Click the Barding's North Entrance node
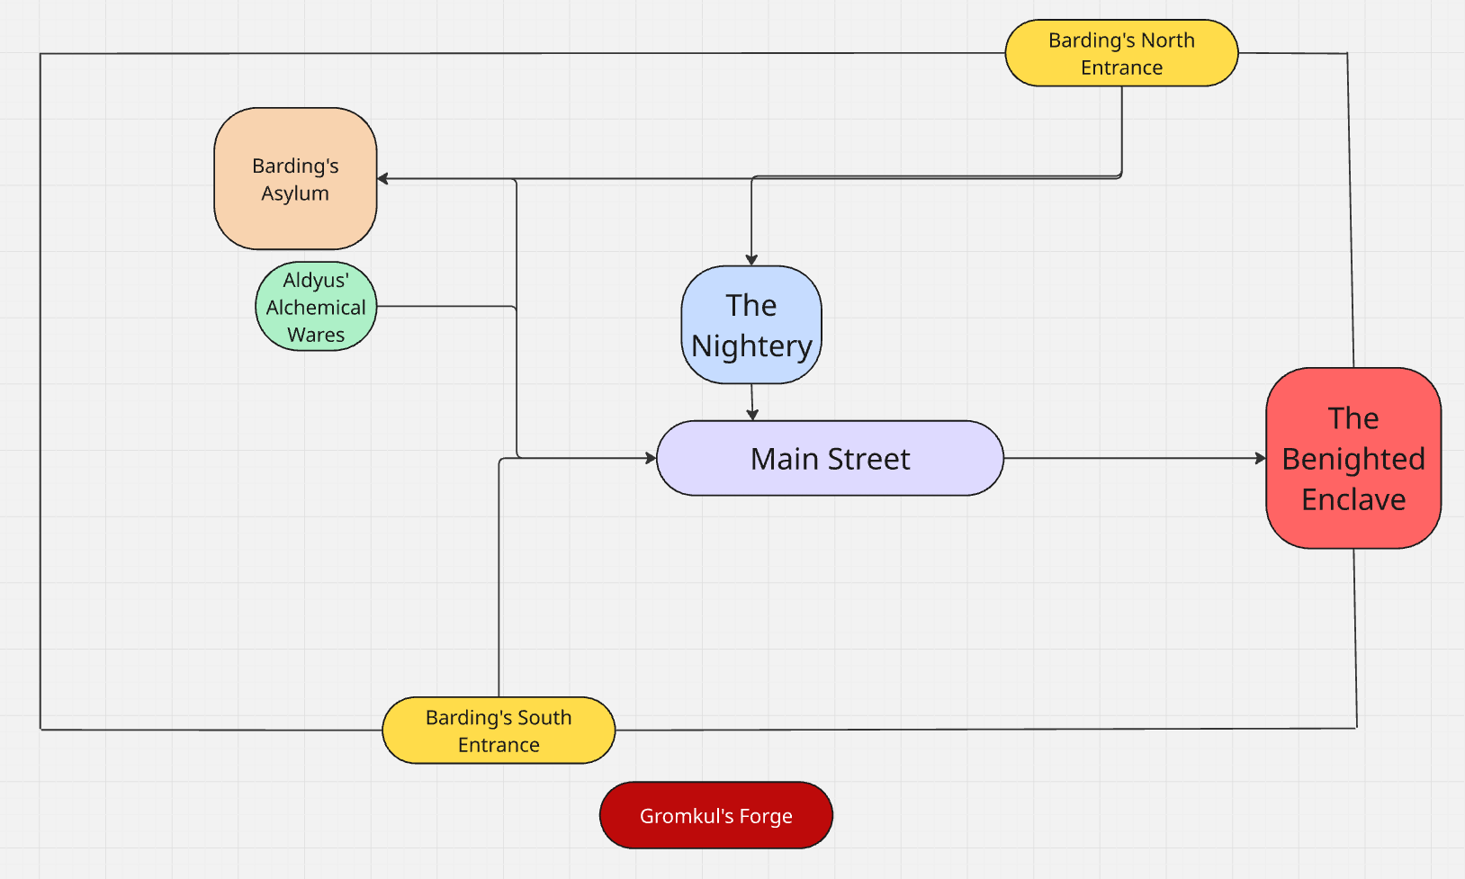click(x=1121, y=53)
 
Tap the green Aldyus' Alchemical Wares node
click(x=316, y=307)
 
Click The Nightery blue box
click(x=751, y=325)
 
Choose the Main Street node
click(x=830, y=459)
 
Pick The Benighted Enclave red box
click(x=1353, y=459)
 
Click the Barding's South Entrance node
click(x=499, y=731)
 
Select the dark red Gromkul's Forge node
click(x=716, y=815)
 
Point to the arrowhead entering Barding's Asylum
click(x=382, y=179)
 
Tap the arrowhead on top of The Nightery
click(x=751, y=260)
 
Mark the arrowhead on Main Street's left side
click(x=652, y=458)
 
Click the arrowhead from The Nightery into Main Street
click(x=752, y=415)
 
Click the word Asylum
click(x=295, y=193)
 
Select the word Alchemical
click(x=316, y=308)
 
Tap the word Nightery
click(x=751, y=346)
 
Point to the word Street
click(x=868, y=459)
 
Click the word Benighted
click(x=1353, y=459)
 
